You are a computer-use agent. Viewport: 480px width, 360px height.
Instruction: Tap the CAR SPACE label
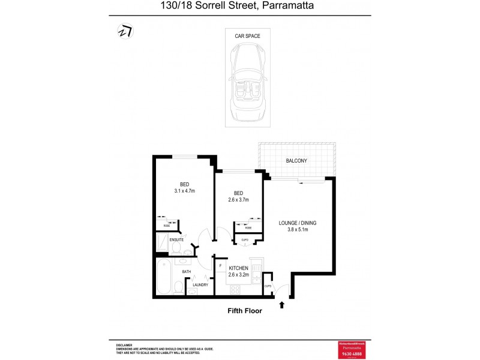click(247, 36)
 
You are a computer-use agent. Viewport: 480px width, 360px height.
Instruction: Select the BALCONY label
click(296, 161)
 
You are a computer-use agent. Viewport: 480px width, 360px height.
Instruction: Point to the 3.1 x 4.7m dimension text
click(184, 191)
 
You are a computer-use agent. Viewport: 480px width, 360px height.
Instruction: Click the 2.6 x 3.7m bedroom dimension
click(238, 200)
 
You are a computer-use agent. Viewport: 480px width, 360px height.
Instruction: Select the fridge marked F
click(220, 266)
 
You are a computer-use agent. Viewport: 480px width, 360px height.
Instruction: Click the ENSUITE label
click(176, 240)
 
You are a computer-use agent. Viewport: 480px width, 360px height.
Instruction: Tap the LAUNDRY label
click(200, 285)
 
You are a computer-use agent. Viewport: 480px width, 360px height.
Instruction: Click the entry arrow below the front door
click(282, 305)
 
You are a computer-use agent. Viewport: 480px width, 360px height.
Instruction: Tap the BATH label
click(187, 272)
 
